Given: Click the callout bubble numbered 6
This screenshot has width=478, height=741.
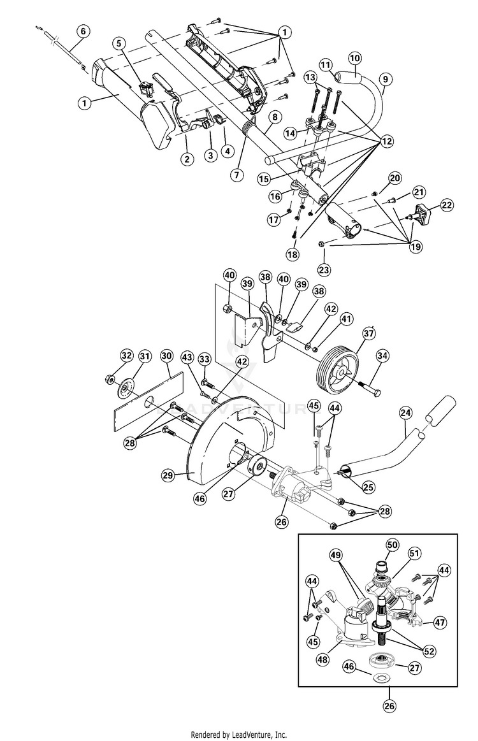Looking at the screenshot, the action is pyautogui.click(x=83, y=32).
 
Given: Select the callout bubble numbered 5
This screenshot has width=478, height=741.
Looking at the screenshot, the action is pyautogui.click(x=119, y=43).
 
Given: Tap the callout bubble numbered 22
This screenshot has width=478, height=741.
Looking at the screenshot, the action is pyautogui.click(x=446, y=205).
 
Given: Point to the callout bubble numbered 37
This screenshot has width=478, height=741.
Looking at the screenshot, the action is pyautogui.click(x=368, y=334).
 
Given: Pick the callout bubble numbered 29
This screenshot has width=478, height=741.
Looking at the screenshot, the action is pyautogui.click(x=168, y=475).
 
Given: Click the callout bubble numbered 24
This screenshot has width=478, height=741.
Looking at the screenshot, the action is pyautogui.click(x=405, y=413).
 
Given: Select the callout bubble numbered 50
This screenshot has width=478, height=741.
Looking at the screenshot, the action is pyautogui.click(x=392, y=545).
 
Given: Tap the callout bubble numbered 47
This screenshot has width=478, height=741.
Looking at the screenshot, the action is pyautogui.click(x=440, y=622).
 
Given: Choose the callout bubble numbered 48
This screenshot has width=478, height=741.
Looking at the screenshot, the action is pyautogui.click(x=322, y=659).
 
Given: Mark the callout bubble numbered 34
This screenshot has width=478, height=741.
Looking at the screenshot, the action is pyautogui.click(x=382, y=356).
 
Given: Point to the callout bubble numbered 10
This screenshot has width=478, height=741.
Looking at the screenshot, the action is pyautogui.click(x=354, y=58).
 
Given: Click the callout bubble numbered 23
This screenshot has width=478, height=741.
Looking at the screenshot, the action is pyautogui.click(x=324, y=270).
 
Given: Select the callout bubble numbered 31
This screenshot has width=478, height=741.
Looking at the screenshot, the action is pyautogui.click(x=145, y=356).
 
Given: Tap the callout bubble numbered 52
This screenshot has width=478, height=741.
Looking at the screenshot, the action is pyautogui.click(x=429, y=651).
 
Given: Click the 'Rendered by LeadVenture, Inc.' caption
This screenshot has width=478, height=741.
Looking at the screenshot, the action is pyautogui.click(x=239, y=735).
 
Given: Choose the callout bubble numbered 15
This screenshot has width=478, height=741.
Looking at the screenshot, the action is pyautogui.click(x=264, y=178).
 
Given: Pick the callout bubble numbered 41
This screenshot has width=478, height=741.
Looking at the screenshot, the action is pyautogui.click(x=347, y=319).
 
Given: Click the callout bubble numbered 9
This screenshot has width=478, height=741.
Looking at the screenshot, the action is pyautogui.click(x=386, y=79).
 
